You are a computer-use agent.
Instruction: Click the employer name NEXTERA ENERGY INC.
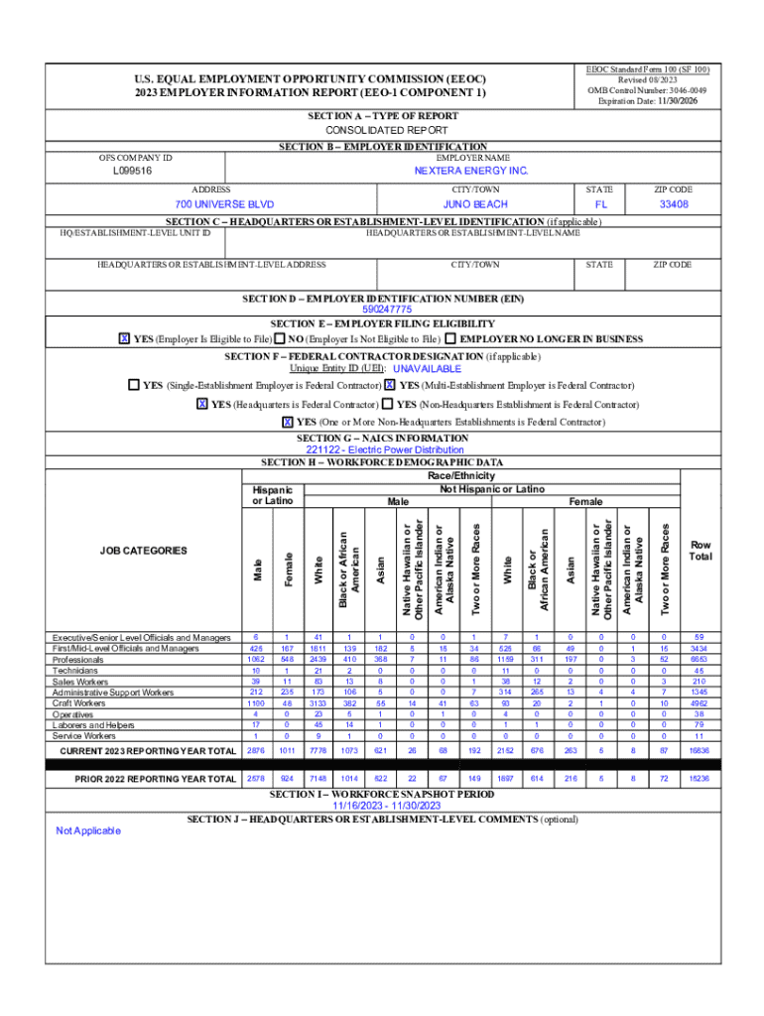point(471,171)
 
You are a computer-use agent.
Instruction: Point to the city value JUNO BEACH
point(475,203)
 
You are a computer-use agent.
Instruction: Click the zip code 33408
point(674,203)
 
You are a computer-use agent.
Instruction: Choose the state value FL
point(599,203)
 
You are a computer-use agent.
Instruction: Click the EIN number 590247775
point(380,310)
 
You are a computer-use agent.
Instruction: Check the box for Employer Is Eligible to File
point(124,339)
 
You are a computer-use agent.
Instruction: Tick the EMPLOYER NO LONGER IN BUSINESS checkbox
point(450,339)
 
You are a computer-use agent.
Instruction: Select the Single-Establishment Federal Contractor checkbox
point(133,385)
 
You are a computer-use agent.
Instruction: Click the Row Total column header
point(700,551)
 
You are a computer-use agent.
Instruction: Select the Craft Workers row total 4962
point(700,703)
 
